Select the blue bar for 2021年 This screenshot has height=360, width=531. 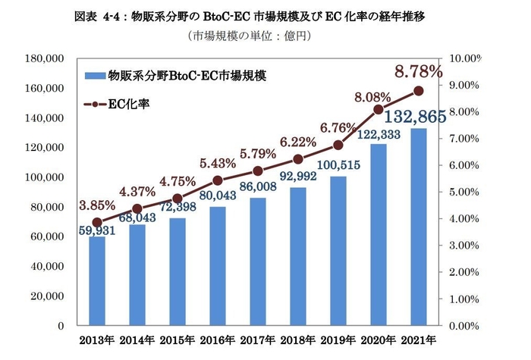click(x=418, y=227)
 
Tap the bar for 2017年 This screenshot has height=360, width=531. click(x=258, y=265)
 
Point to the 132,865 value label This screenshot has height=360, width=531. click(x=413, y=117)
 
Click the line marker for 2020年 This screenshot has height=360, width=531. click(x=378, y=110)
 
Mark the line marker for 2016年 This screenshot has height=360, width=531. click(x=218, y=180)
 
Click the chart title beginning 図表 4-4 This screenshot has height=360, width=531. click(x=265, y=16)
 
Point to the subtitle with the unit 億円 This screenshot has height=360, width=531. click(x=265, y=36)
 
